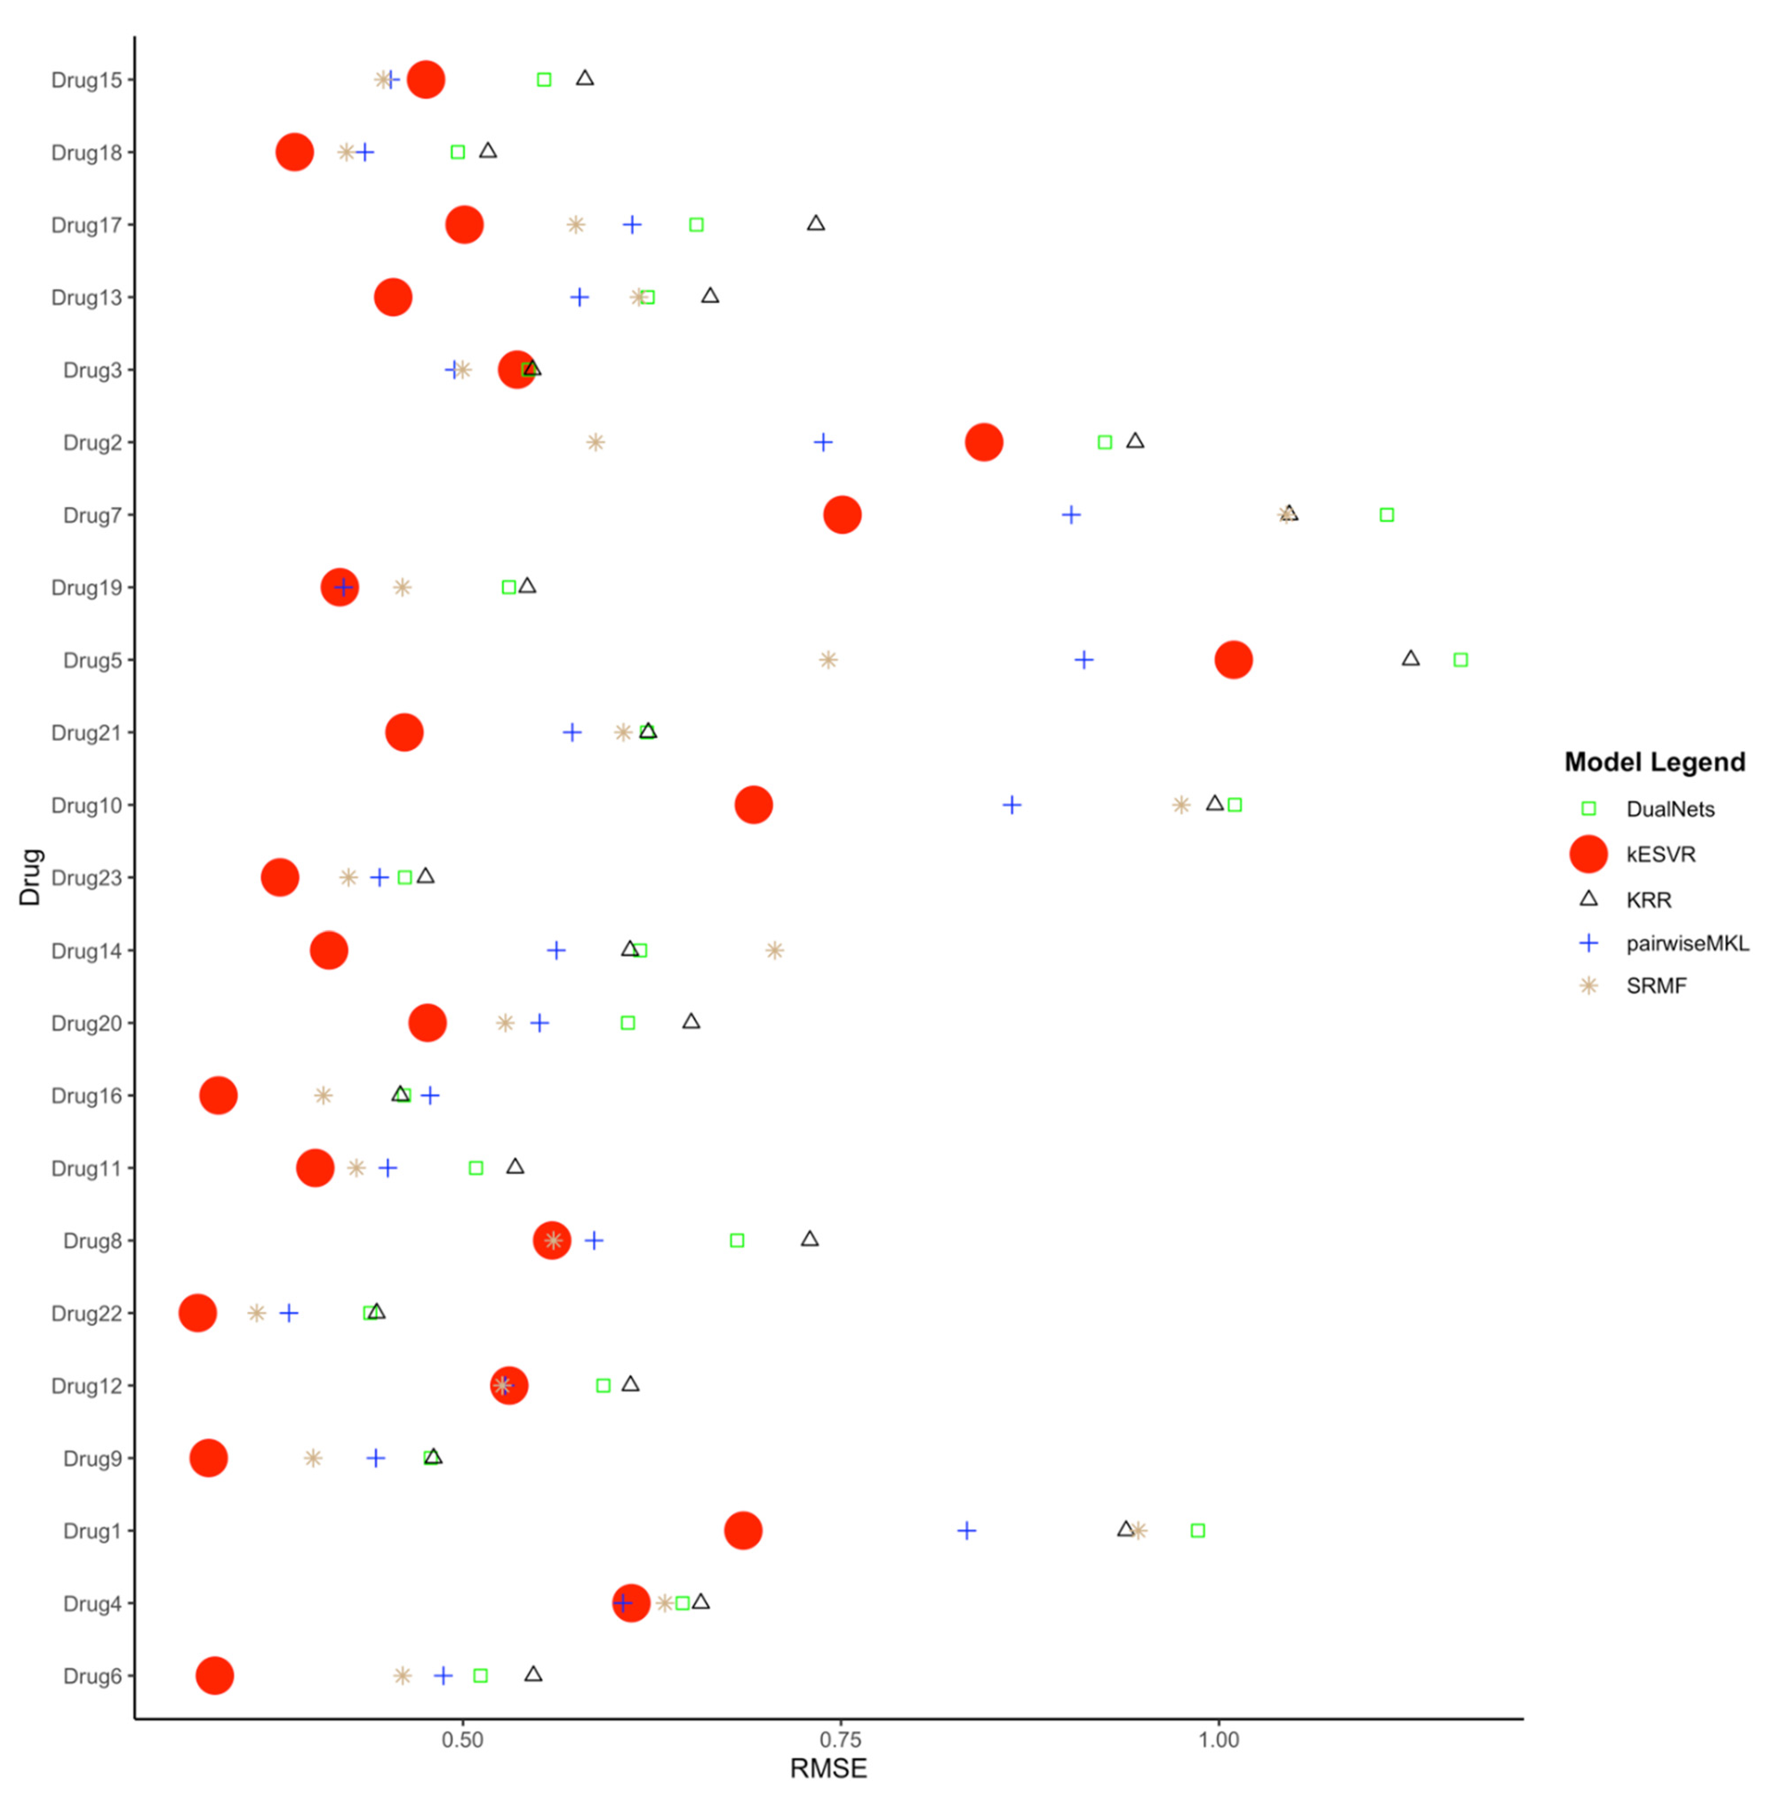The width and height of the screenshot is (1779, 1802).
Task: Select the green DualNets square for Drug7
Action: [1386, 515]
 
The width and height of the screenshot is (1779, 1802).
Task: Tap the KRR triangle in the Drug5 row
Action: [1410, 658]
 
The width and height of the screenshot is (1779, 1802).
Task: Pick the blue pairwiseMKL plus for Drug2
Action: [822, 442]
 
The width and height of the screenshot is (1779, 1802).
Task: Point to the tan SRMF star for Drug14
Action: [773, 950]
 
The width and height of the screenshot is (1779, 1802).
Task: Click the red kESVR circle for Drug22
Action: [197, 1313]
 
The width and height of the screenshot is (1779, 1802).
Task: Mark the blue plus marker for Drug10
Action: [1011, 805]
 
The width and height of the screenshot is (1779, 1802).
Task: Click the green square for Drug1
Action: [1198, 1531]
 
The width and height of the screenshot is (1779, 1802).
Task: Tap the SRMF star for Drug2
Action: [595, 442]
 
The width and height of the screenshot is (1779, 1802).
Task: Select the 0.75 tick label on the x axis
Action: [840, 1740]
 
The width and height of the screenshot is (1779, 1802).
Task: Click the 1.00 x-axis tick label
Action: [1217, 1740]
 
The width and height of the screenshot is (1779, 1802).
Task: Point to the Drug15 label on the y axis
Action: [86, 80]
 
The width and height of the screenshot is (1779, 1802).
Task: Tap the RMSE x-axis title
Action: [828, 1768]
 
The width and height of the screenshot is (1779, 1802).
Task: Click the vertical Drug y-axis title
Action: [30, 877]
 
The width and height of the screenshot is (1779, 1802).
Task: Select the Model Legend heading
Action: [1654, 762]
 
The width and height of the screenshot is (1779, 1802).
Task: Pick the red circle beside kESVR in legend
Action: [1588, 853]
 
